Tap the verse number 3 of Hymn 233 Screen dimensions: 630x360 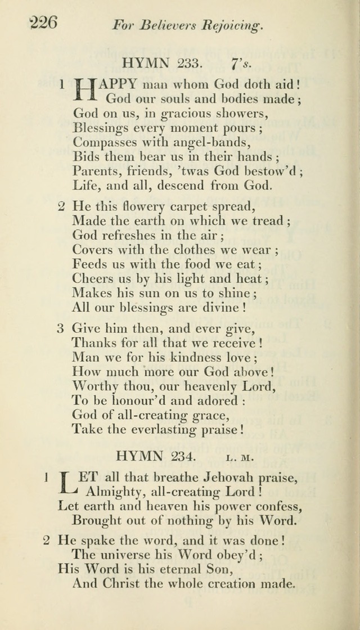click(60, 328)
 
